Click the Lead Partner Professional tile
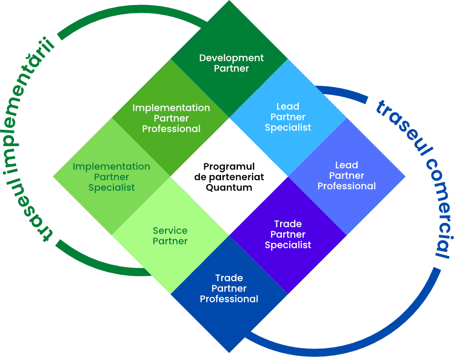347,177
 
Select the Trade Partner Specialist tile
288,236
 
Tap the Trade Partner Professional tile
229,294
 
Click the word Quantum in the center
229,188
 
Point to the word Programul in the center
229,167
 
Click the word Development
232,58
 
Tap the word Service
170,231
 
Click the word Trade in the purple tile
288,224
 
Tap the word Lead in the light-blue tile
288,107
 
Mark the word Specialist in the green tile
112,188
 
